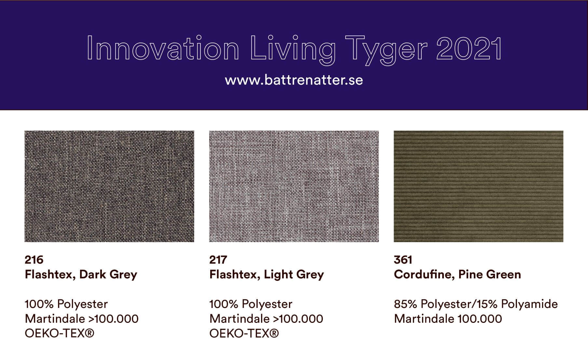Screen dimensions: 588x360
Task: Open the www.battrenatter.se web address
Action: [294, 80]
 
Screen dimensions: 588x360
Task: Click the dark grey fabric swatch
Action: [109, 186]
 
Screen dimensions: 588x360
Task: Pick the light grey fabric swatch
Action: [294, 186]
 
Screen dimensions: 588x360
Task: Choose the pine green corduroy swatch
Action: [478, 186]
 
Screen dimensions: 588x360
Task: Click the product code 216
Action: [34, 260]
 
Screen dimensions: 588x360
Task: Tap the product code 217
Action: [218, 260]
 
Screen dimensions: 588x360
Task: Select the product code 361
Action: [403, 260]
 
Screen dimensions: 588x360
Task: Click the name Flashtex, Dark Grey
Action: [81, 275]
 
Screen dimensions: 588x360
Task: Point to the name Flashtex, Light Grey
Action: [267, 275]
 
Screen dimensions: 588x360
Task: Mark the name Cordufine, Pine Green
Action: [457, 274]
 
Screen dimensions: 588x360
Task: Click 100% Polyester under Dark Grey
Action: [66, 304]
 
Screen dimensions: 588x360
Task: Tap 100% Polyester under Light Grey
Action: [251, 304]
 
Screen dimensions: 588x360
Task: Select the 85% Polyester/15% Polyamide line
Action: [476, 304]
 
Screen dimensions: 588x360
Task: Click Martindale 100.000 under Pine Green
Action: [448, 319]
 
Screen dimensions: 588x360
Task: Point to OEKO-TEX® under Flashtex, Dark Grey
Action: [60, 334]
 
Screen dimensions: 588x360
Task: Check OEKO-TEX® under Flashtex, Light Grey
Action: [244, 334]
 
